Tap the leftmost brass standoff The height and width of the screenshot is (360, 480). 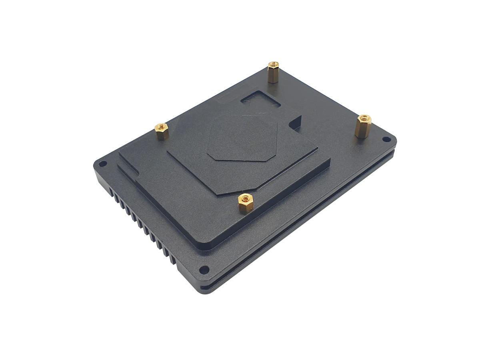click(162, 131)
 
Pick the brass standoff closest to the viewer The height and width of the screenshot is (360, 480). click(245, 203)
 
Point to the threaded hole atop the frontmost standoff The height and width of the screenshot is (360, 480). click(245, 198)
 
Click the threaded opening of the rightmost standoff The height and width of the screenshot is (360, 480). click(364, 118)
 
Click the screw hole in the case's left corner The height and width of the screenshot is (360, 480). click(102, 164)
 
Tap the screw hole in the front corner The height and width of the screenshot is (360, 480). click(204, 269)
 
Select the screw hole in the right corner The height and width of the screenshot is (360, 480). click(386, 139)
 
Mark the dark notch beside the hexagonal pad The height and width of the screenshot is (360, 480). click(296, 122)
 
